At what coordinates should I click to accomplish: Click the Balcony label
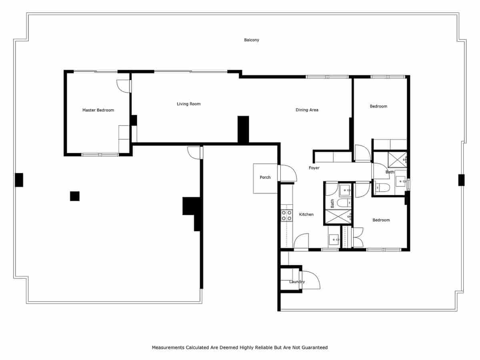pyautogui.click(x=252, y=40)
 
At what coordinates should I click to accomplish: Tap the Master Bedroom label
pyautogui.click(x=98, y=110)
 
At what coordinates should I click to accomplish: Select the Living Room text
pyautogui.click(x=189, y=104)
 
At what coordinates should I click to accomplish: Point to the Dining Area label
pyautogui.click(x=307, y=110)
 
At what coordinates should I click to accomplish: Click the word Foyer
pyautogui.click(x=314, y=168)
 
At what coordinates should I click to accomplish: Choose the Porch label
pyautogui.click(x=265, y=177)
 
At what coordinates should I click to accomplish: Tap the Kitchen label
pyautogui.click(x=306, y=214)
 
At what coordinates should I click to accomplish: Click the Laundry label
pyautogui.click(x=297, y=282)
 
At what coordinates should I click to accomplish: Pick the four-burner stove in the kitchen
pyautogui.click(x=286, y=216)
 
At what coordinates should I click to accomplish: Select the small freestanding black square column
pyautogui.click(x=75, y=196)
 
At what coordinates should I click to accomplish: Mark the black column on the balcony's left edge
pyautogui.click(x=19, y=180)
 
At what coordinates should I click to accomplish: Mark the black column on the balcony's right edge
pyautogui.click(x=461, y=180)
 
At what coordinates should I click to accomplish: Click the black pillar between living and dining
pyautogui.click(x=243, y=129)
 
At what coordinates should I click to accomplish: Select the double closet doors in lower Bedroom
pyautogui.click(x=358, y=237)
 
